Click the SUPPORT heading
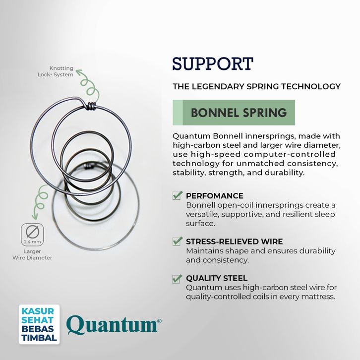click(x=212, y=64)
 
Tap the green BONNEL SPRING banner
click(x=234, y=113)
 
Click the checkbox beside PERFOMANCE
click(x=177, y=195)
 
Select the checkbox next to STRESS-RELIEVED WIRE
click(x=177, y=241)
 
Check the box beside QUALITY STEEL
click(x=177, y=278)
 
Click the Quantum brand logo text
click(x=112, y=325)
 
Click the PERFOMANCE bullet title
click(x=214, y=196)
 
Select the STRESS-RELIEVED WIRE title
click(x=234, y=241)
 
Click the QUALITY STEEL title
click(x=216, y=278)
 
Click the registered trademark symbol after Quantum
click(x=159, y=321)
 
